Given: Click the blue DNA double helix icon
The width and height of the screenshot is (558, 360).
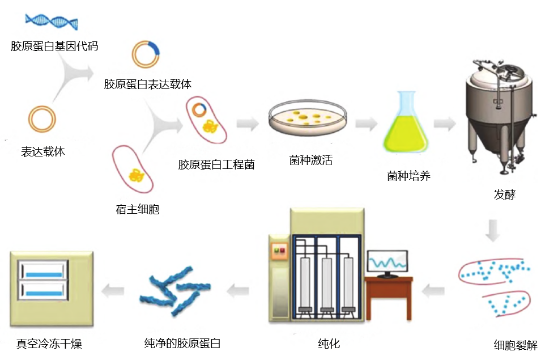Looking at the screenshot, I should pyautogui.click(x=52, y=22).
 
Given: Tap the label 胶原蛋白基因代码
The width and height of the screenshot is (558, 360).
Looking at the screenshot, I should pyautogui.click(x=54, y=46).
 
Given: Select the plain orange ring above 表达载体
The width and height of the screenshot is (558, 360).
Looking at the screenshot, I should pyautogui.click(x=42, y=119).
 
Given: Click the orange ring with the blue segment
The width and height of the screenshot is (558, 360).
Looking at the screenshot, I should pyautogui.click(x=146, y=54).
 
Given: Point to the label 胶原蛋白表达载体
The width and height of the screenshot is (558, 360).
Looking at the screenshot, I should pyautogui.click(x=147, y=84).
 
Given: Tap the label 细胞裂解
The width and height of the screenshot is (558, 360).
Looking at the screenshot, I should pyautogui.click(x=516, y=345).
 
